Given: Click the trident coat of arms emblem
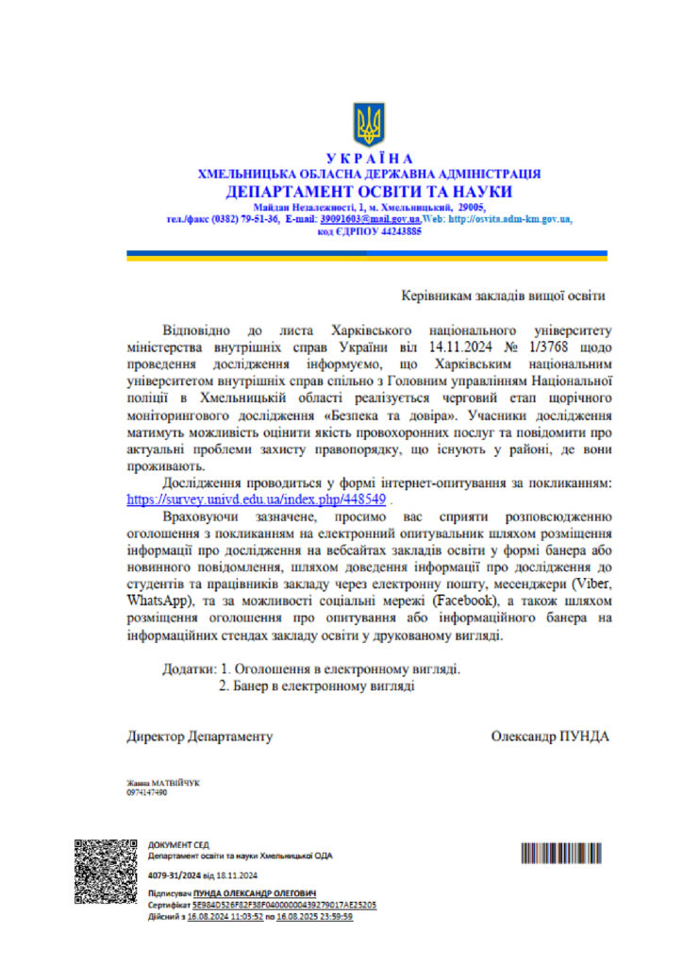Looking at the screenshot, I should click(368, 123).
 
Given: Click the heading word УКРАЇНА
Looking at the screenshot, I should click(369, 159).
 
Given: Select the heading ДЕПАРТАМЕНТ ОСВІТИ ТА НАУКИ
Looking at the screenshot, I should click(369, 191).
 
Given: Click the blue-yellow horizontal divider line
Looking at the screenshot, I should click(367, 255).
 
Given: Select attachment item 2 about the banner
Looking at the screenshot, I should click(317, 687).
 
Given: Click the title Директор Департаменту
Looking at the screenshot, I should click(200, 736).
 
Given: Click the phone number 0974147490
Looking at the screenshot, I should click(146, 793).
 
